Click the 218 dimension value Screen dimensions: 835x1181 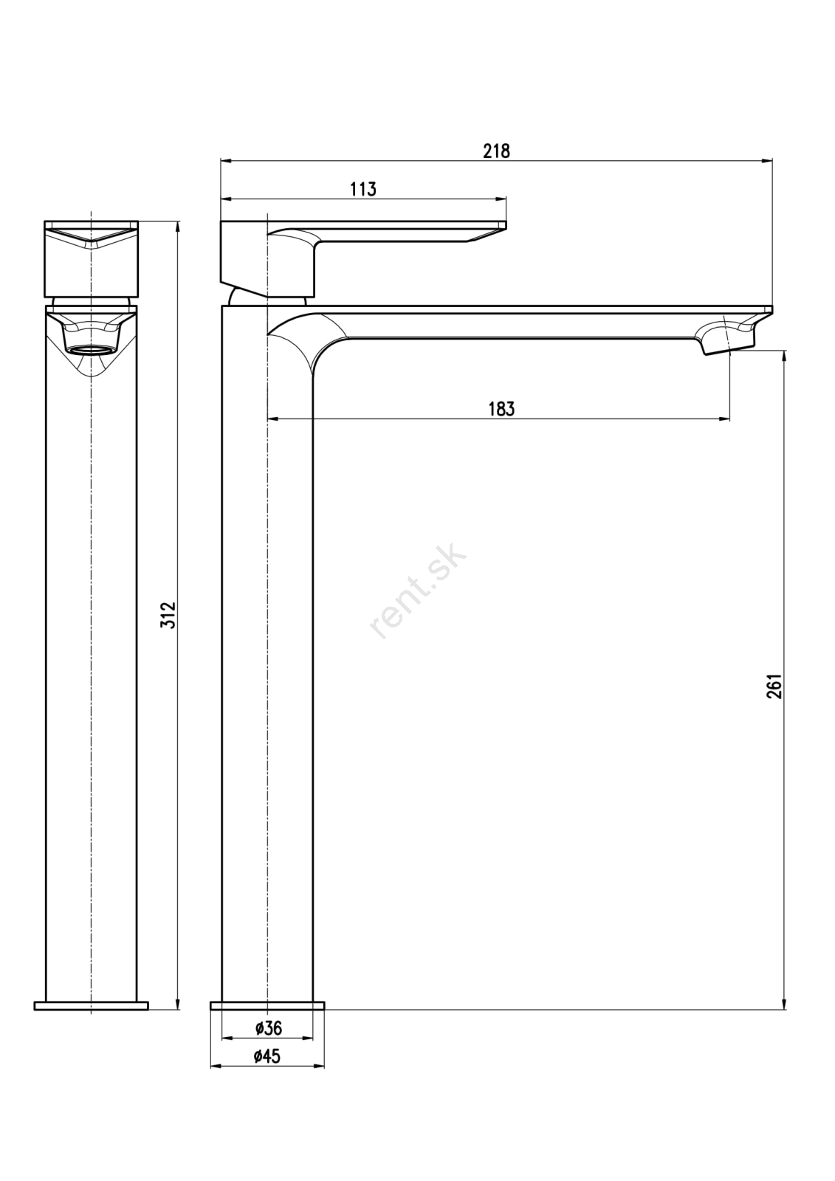tap(496, 151)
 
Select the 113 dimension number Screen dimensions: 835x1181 tap(363, 189)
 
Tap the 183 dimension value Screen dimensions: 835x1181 tap(501, 409)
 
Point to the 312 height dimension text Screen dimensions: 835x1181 tap(168, 615)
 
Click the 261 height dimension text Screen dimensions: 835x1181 tap(774, 686)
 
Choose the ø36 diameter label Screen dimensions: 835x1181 tap(268, 1028)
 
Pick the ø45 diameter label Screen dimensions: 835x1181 tap(267, 1056)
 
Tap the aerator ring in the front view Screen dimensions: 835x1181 tap(92, 350)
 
